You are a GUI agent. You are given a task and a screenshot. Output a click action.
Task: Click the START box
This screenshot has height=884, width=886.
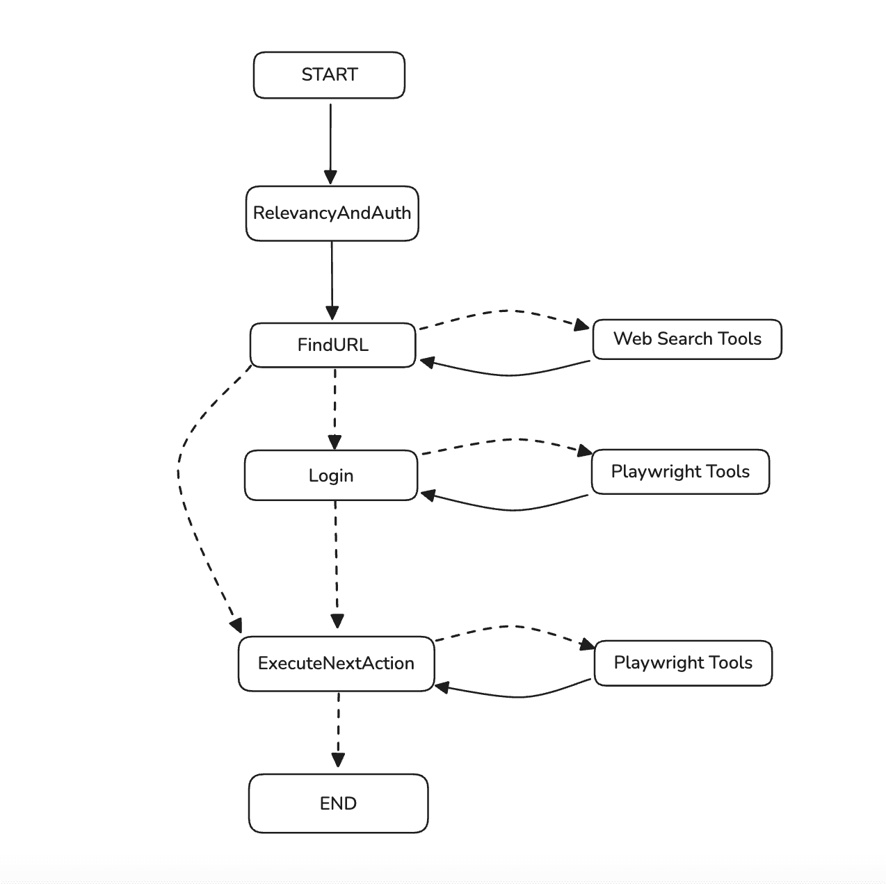coord(329,75)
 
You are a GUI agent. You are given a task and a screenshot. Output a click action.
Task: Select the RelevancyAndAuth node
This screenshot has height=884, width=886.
coord(332,213)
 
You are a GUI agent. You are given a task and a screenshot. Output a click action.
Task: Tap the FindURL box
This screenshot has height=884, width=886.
coord(332,345)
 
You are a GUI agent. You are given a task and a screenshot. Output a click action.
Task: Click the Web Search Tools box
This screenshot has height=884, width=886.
coord(687,339)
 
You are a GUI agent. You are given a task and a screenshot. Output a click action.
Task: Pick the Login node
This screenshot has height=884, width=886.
coord(331,475)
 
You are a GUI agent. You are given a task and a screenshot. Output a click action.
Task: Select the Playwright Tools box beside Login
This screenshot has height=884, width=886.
coord(680,472)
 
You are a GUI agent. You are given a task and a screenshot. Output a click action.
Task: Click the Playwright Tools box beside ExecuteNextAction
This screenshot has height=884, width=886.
coord(683,663)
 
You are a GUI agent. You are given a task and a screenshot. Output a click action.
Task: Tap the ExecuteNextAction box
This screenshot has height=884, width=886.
coord(336,664)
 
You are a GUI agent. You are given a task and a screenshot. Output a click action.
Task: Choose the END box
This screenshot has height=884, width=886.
coord(338,803)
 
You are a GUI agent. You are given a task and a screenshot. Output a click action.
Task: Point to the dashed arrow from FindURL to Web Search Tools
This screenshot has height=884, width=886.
coord(508,311)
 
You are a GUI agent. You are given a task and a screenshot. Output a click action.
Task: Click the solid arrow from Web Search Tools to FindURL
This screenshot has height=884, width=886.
coord(508,375)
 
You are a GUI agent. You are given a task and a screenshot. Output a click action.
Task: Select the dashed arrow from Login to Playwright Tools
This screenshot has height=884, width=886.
coord(511,440)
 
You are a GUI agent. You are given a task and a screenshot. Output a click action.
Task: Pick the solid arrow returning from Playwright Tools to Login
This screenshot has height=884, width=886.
coord(511,509)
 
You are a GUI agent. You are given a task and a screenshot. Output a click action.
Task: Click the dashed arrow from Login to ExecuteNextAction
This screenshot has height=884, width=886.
coord(337,563)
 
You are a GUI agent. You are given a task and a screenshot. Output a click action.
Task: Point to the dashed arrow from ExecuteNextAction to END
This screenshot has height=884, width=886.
coord(338,730)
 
